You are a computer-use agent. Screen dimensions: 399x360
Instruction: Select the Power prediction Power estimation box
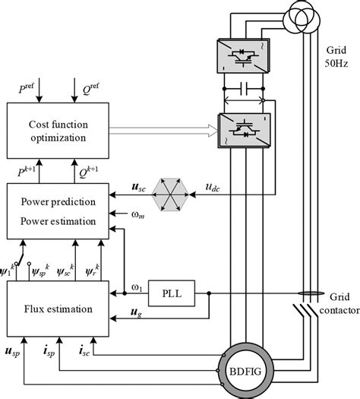point(58,211)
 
